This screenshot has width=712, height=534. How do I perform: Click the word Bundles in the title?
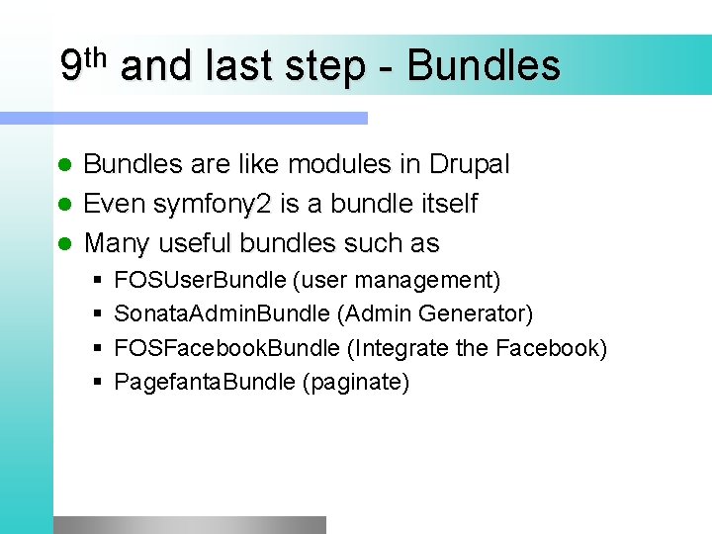(484, 66)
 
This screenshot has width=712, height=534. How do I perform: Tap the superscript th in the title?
(96, 56)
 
